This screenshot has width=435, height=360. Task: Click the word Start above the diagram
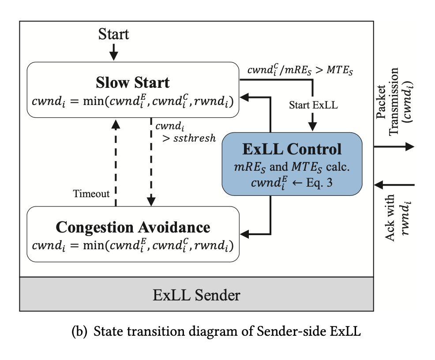[113, 34]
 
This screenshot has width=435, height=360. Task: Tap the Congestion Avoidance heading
[133, 227]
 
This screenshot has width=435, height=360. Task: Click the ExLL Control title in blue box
[292, 149]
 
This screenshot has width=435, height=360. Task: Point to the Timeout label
[91, 194]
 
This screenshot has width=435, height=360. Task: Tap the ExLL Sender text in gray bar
[196, 294]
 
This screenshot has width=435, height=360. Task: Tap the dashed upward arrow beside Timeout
[116, 163]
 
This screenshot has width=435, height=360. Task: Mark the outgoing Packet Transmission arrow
[395, 146]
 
